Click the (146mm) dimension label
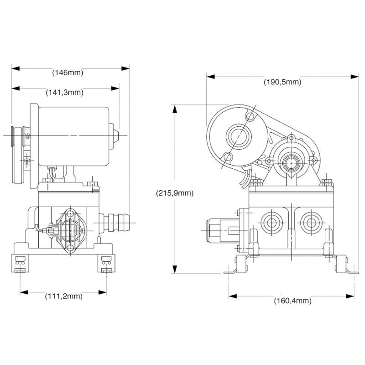click(68, 73)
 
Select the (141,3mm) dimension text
click(64, 92)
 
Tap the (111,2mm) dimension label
click(64, 297)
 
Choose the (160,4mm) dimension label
click(292, 301)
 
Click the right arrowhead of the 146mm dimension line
click(128, 68)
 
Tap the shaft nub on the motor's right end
click(117, 136)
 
